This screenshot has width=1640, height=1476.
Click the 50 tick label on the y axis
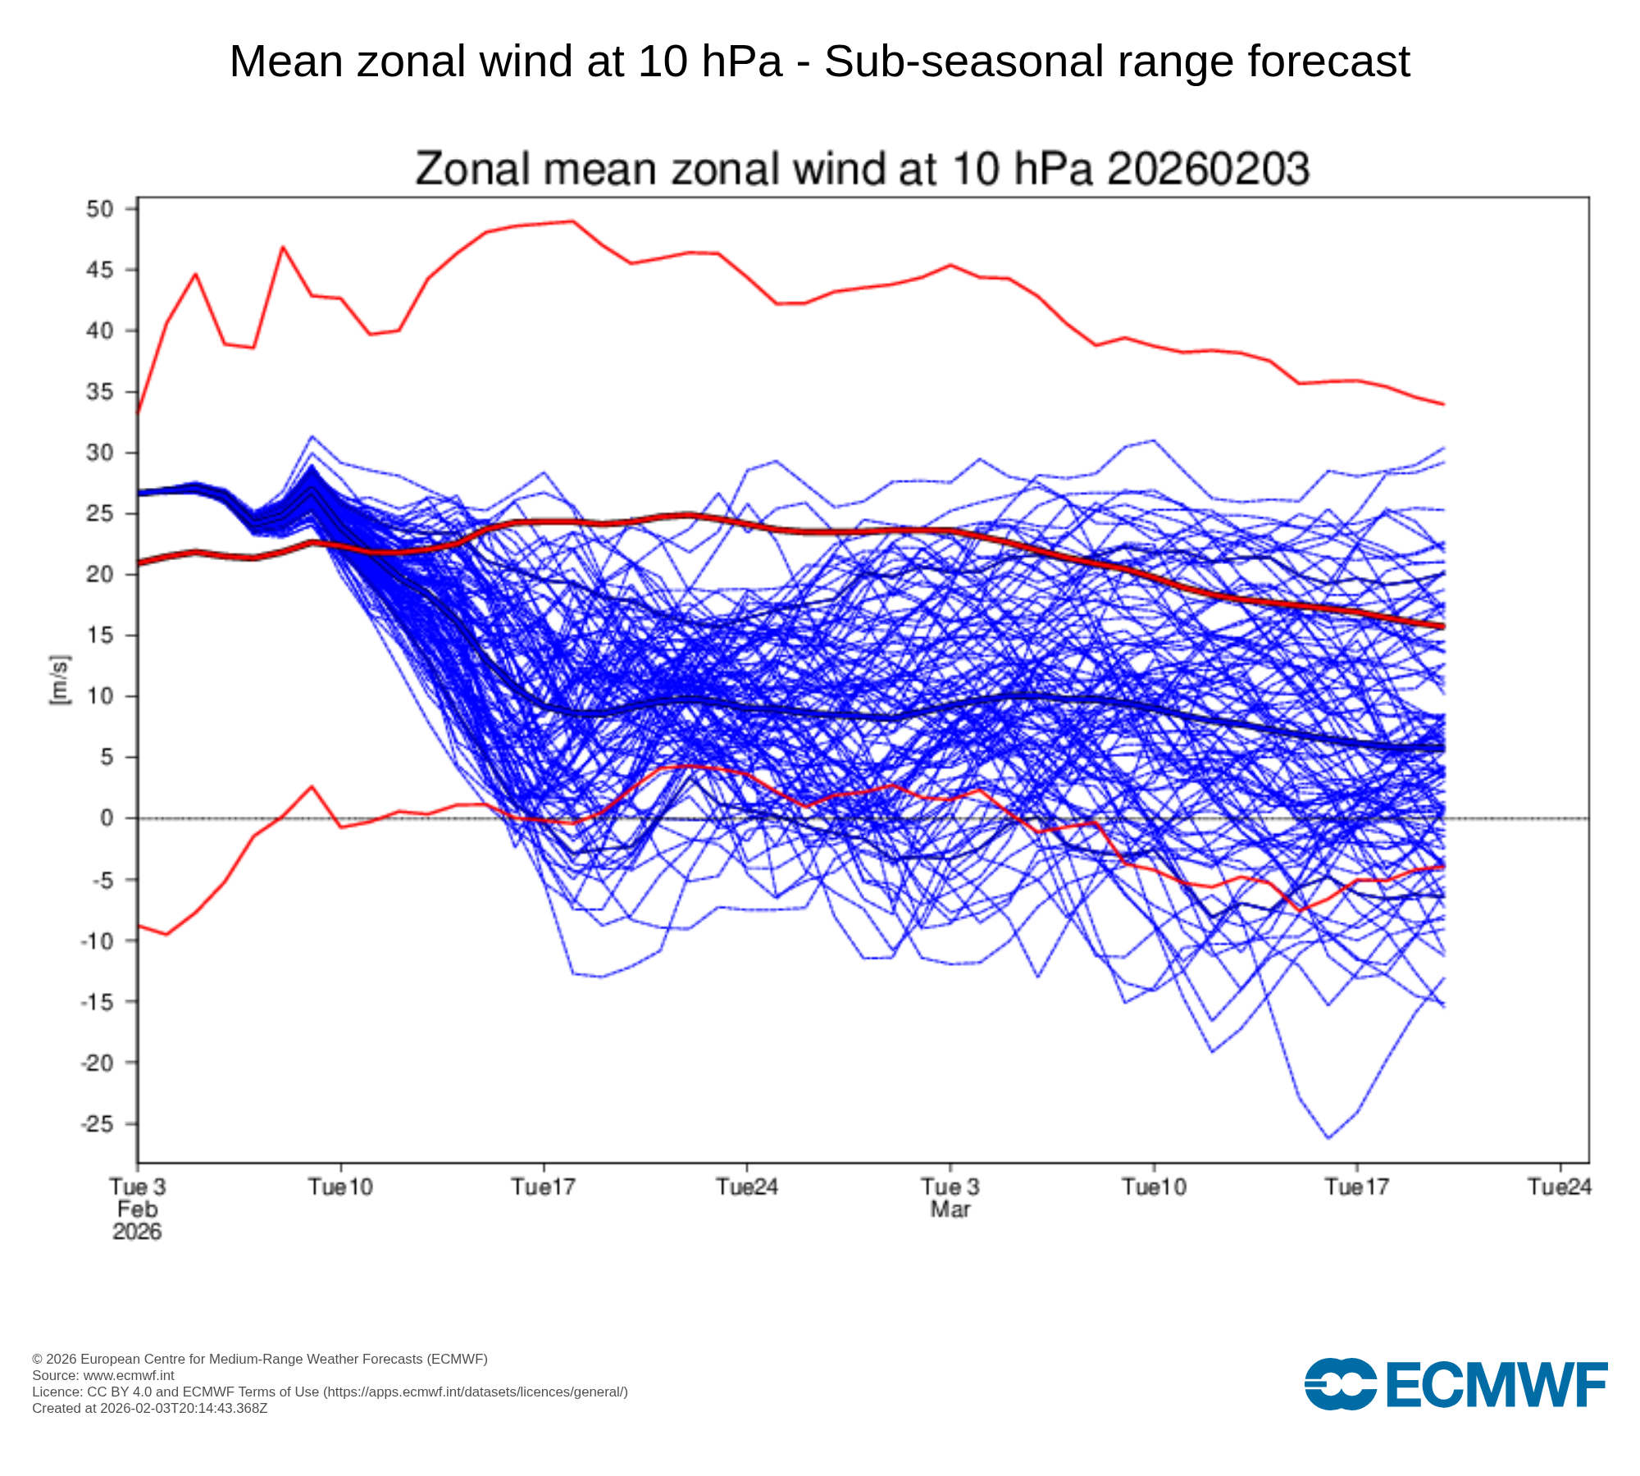[99, 209]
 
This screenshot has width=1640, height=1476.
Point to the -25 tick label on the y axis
[96, 1123]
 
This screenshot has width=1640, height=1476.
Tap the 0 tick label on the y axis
[107, 818]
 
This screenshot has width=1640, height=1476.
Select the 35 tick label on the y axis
[99, 392]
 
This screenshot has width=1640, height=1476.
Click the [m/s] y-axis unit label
[60, 680]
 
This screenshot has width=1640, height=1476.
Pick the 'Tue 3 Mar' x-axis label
[950, 1198]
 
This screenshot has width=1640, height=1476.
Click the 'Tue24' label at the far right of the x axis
[1560, 1187]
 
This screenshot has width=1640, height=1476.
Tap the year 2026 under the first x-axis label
[137, 1232]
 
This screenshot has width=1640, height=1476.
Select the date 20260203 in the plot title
[1208, 170]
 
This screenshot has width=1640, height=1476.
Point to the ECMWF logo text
[1496, 1385]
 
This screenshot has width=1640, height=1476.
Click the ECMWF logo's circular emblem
[1340, 1384]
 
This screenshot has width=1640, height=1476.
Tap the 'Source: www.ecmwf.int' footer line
[102, 1375]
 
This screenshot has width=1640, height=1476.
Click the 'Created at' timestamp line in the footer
[149, 1408]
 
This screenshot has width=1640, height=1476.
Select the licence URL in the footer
[476, 1392]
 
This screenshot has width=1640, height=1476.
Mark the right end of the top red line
[1443, 403]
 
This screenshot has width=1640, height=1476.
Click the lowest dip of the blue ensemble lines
[1328, 1138]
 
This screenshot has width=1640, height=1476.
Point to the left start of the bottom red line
[138, 925]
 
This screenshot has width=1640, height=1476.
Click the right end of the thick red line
[1443, 626]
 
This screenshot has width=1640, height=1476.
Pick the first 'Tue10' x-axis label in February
[340, 1187]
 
